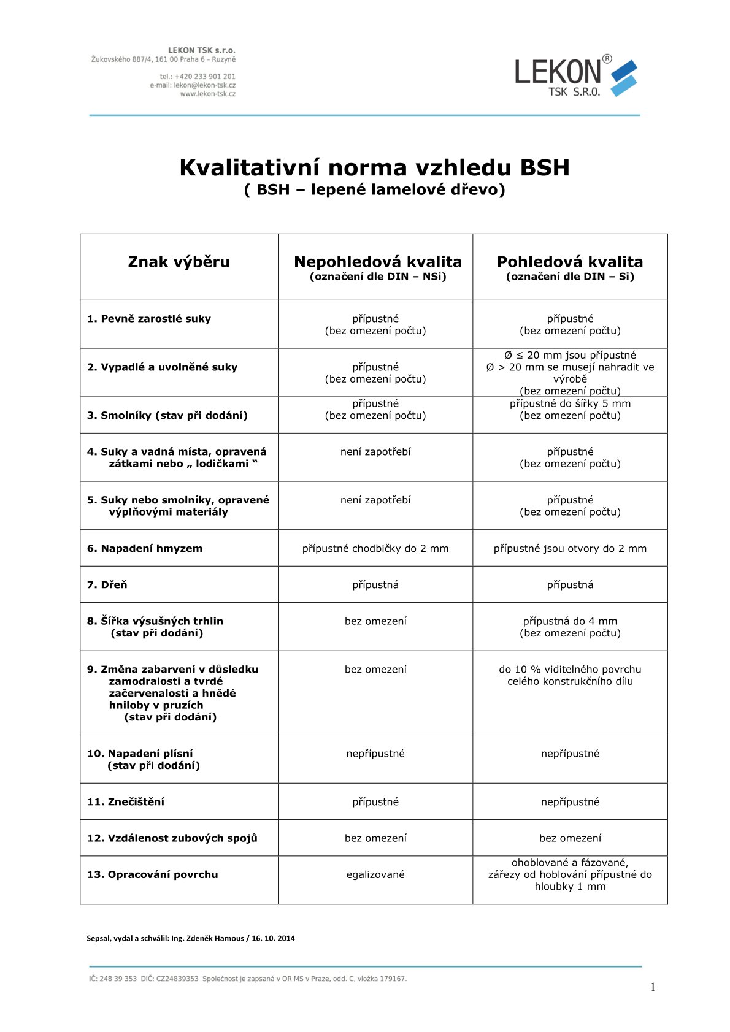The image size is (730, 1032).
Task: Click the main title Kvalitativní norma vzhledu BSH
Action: (374, 167)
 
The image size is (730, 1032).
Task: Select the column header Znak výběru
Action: (179, 262)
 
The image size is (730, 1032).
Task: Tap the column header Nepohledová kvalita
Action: (377, 262)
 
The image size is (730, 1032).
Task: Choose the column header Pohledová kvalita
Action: (570, 262)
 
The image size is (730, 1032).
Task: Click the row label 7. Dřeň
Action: (107, 584)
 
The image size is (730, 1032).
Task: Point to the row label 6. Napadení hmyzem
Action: (145, 548)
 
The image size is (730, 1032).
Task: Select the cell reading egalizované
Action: (375, 874)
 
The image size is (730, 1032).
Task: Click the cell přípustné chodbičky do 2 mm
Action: (375, 548)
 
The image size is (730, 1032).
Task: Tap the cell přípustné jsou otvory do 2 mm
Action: (570, 548)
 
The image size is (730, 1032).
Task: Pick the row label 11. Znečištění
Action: (126, 801)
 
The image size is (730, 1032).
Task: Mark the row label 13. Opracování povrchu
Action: (153, 874)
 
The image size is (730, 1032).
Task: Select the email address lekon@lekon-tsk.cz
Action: (204, 85)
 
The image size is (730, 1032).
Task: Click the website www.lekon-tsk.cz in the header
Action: (207, 94)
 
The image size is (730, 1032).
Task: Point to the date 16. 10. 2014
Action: (273, 938)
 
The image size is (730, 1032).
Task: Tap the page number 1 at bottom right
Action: (653, 987)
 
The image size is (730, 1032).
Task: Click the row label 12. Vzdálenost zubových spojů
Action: (172, 838)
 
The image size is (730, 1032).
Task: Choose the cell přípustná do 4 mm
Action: (570, 621)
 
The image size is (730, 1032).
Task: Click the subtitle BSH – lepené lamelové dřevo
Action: (374, 189)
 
